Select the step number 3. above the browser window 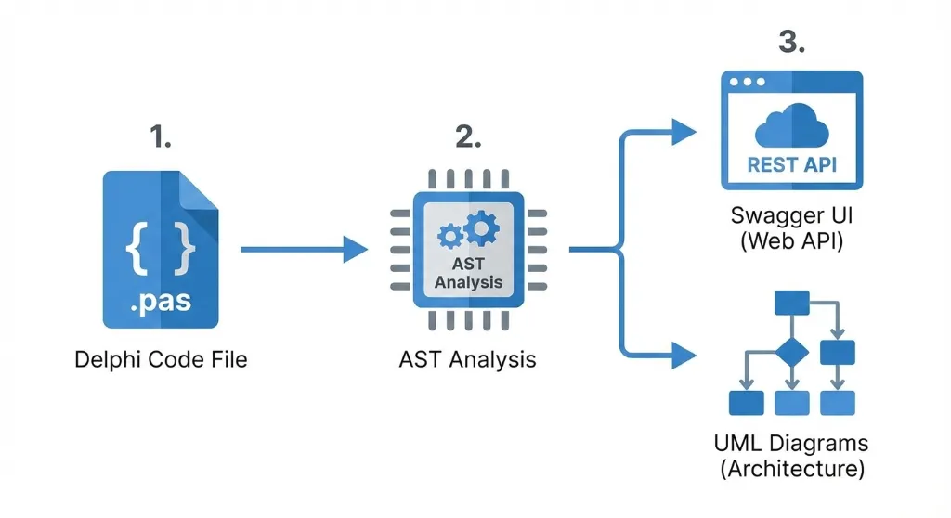point(791,44)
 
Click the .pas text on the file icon point(161,302)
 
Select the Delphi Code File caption point(161,358)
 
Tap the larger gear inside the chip point(482,227)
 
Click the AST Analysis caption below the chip point(468,358)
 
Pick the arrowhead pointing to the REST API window point(684,132)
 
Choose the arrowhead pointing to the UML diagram point(684,354)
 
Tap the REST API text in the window point(791,166)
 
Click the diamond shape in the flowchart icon point(792,353)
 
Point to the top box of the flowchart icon point(792,302)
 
